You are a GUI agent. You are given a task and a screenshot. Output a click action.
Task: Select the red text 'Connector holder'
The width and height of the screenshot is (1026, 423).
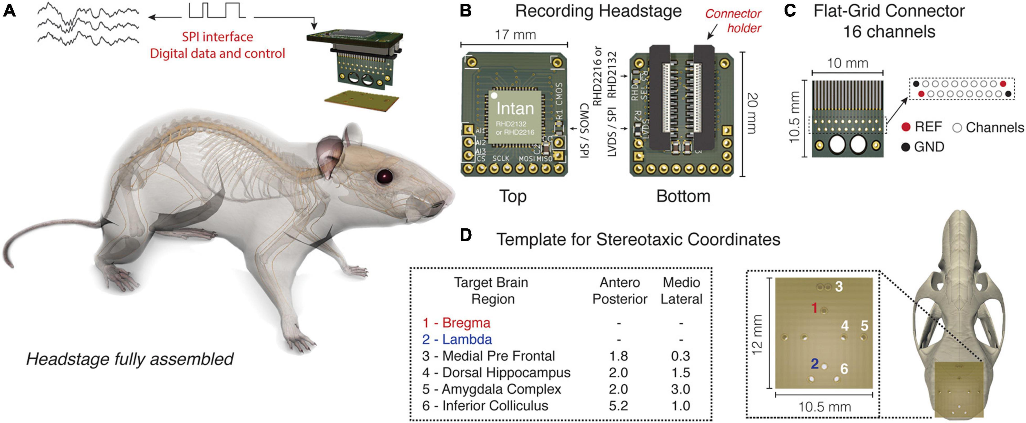pyautogui.click(x=733, y=21)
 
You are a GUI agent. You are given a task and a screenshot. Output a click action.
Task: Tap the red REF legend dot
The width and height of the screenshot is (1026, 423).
pyautogui.click(x=906, y=127)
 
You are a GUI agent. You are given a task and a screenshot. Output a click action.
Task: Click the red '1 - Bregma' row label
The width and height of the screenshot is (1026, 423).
pyautogui.click(x=456, y=323)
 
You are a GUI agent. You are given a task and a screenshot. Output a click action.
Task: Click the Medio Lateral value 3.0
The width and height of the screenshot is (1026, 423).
pyautogui.click(x=681, y=389)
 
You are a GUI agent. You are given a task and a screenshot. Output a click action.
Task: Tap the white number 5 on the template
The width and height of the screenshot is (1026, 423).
pyautogui.click(x=864, y=326)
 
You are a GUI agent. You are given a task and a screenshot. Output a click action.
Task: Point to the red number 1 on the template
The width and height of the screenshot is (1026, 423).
pyautogui.click(x=815, y=307)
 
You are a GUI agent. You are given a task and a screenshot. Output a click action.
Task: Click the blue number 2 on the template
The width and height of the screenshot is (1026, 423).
pyautogui.click(x=815, y=363)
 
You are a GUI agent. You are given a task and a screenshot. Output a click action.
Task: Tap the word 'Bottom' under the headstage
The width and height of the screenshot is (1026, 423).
pyautogui.click(x=683, y=196)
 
